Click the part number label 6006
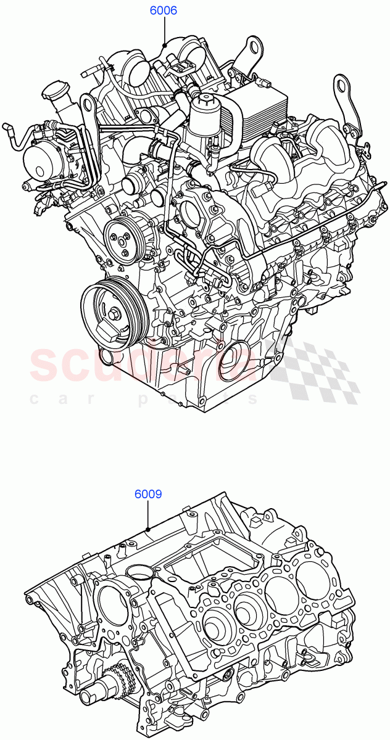pos(164,10)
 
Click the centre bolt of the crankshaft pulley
pos(115,315)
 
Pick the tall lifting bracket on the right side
pos(346,105)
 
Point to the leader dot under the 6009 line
pos(148,529)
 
